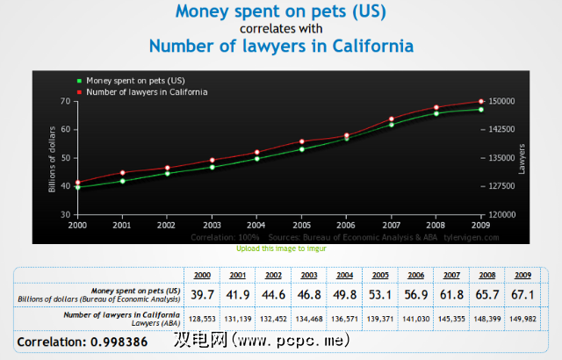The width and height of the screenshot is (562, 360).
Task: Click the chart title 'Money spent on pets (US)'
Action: pyautogui.click(x=280, y=12)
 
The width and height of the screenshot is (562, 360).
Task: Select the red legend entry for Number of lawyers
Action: pyautogui.click(x=140, y=92)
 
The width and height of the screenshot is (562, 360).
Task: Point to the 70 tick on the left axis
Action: pyautogui.click(x=63, y=102)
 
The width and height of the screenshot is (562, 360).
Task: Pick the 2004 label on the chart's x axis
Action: pyautogui.click(x=256, y=225)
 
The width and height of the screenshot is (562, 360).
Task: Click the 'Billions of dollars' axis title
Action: pyautogui.click(x=53, y=158)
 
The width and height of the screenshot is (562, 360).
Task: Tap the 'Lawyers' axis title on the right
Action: pyautogui.click(x=522, y=158)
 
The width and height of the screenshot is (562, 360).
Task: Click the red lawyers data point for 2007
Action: pyautogui.click(x=391, y=119)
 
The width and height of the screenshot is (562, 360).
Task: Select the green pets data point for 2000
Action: pyautogui.click(x=78, y=188)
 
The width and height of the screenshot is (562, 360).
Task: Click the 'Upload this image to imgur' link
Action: pyautogui.click(x=280, y=248)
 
